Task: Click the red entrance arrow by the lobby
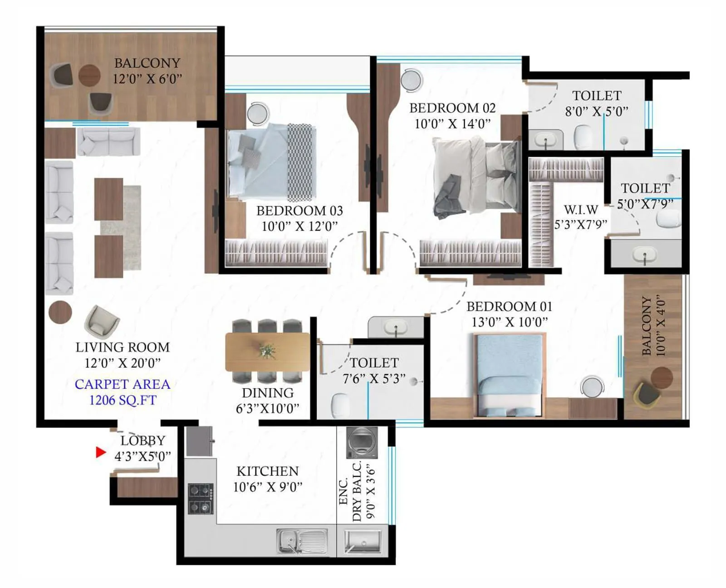coord(101,452)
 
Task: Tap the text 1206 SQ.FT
coord(123,400)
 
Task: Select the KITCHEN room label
coord(268,471)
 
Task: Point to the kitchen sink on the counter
coord(302,541)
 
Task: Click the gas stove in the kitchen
coord(201,499)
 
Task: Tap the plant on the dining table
coord(267,351)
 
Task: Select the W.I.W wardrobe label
coord(581,210)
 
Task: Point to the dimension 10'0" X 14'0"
coord(452,124)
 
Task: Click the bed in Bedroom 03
coord(270,163)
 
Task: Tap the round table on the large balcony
coord(89,75)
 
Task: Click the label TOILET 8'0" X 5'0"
coord(596,103)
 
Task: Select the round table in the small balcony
coord(662,378)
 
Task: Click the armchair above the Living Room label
coord(102,321)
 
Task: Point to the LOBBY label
coord(142,440)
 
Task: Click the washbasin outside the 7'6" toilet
coord(396,327)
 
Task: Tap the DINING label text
coord(267,393)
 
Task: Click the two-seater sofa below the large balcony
coord(108,141)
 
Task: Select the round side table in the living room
coord(60,312)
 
